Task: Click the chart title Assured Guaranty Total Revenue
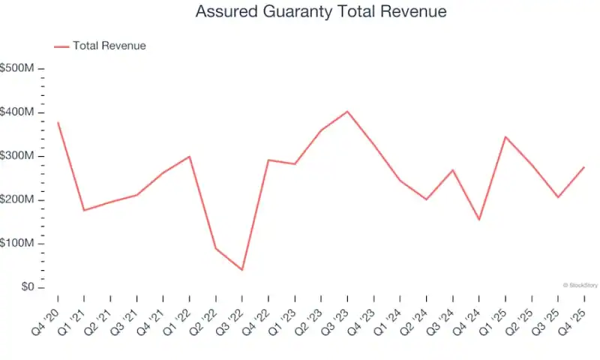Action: point(321,12)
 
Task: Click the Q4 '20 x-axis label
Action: point(47,316)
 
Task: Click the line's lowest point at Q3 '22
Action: point(241,269)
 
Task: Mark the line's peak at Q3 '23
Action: point(346,111)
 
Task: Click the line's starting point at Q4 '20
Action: point(58,122)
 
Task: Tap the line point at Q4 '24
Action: point(478,220)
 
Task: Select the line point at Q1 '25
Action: point(505,136)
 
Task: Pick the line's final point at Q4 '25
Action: point(583,167)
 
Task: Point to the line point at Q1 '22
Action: point(189,156)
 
